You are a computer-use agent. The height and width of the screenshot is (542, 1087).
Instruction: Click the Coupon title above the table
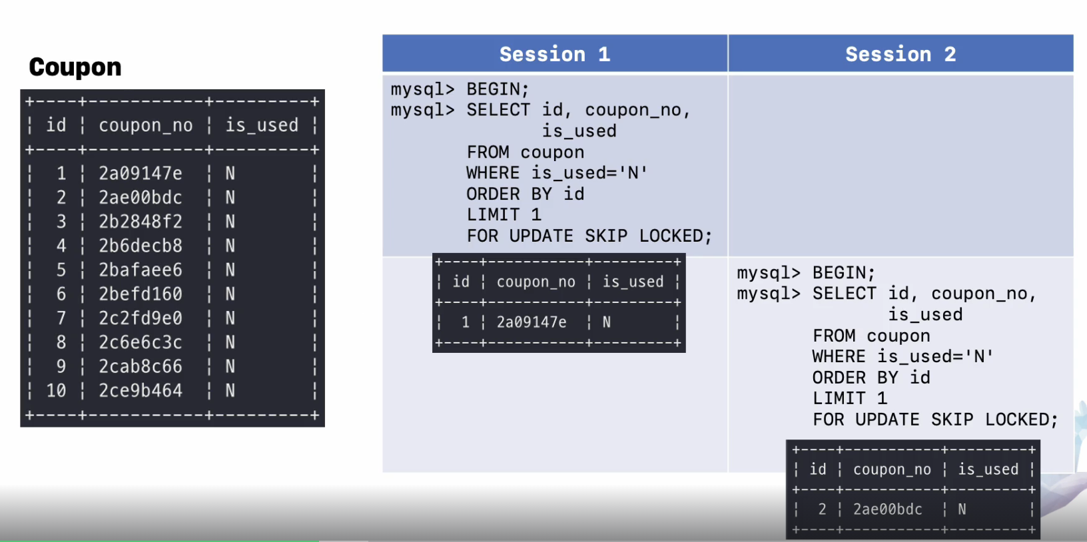point(75,67)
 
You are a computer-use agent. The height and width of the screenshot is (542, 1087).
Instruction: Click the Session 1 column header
point(554,54)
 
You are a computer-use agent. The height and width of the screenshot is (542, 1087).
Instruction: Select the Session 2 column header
point(900,54)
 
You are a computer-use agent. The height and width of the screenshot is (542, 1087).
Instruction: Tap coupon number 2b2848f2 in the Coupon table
point(141,222)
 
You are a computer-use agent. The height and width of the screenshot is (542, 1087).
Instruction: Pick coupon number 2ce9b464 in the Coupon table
point(141,391)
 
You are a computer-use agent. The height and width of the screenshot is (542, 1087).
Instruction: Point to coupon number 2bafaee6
point(141,270)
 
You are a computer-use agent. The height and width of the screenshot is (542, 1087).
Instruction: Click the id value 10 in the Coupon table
point(56,391)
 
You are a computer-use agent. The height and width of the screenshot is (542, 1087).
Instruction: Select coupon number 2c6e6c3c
point(141,342)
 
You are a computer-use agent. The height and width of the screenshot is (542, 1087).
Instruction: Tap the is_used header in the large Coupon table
point(262,125)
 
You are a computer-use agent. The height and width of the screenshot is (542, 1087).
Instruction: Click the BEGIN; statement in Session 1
point(498,89)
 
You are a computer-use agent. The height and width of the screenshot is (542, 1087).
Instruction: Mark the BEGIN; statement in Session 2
point(843,273)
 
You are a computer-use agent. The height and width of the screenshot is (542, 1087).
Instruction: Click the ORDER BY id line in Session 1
point(525,194)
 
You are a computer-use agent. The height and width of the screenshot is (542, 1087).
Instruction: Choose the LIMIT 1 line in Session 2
point(849,399)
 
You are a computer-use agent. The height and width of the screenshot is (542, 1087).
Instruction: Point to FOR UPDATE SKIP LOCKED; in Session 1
point(589,236)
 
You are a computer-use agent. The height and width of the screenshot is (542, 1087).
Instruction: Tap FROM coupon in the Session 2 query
point(871,336)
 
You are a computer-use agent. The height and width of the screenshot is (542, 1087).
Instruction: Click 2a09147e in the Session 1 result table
point(532,322)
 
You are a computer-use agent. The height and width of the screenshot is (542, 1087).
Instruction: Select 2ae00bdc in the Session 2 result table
point(887,509)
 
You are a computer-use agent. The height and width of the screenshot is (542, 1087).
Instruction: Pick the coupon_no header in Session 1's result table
point(536,282)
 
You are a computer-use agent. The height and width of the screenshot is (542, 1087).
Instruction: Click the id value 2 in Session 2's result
point(822,509)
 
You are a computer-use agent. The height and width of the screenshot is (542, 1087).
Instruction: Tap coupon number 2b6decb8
point(141,246)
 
